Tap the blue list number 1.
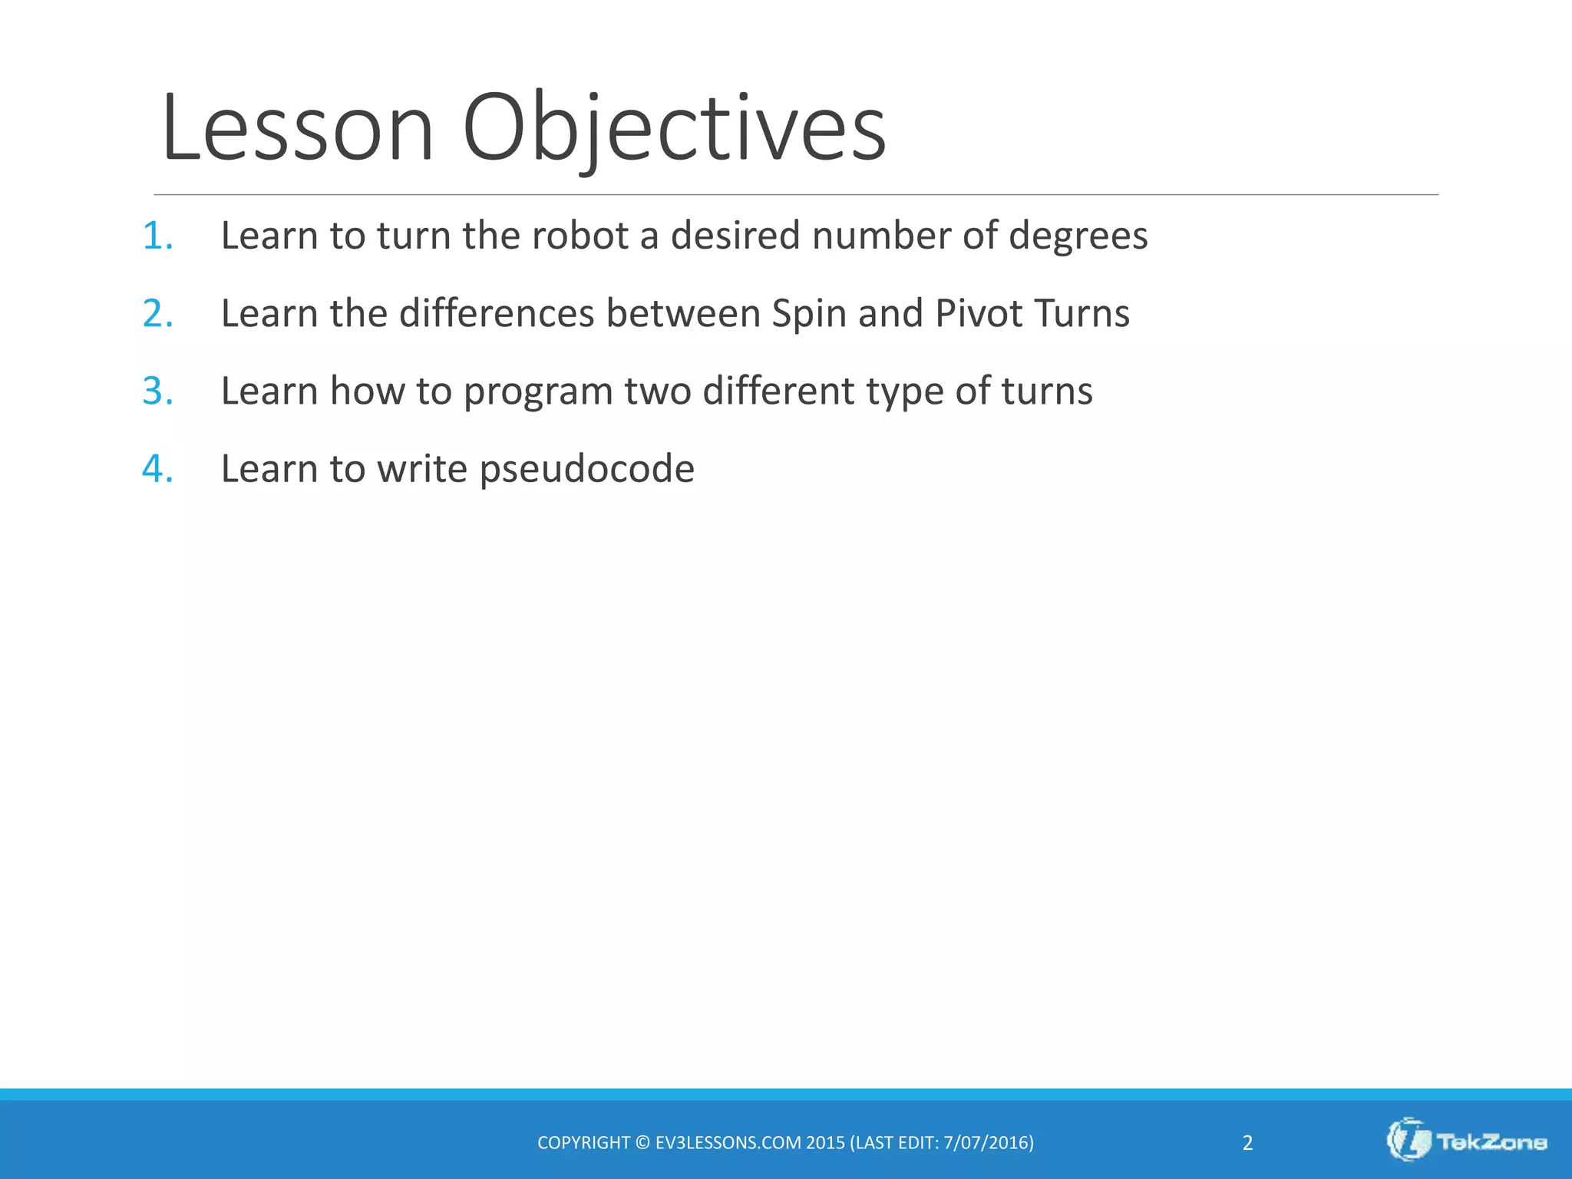[157, 236]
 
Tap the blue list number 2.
[157, 314]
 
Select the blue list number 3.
[157, 391]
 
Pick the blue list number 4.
[157, 469]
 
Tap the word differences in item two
[497, 314]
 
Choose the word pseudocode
[586, 469]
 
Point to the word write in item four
[421, 469]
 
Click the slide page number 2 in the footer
[1247, 1143]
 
